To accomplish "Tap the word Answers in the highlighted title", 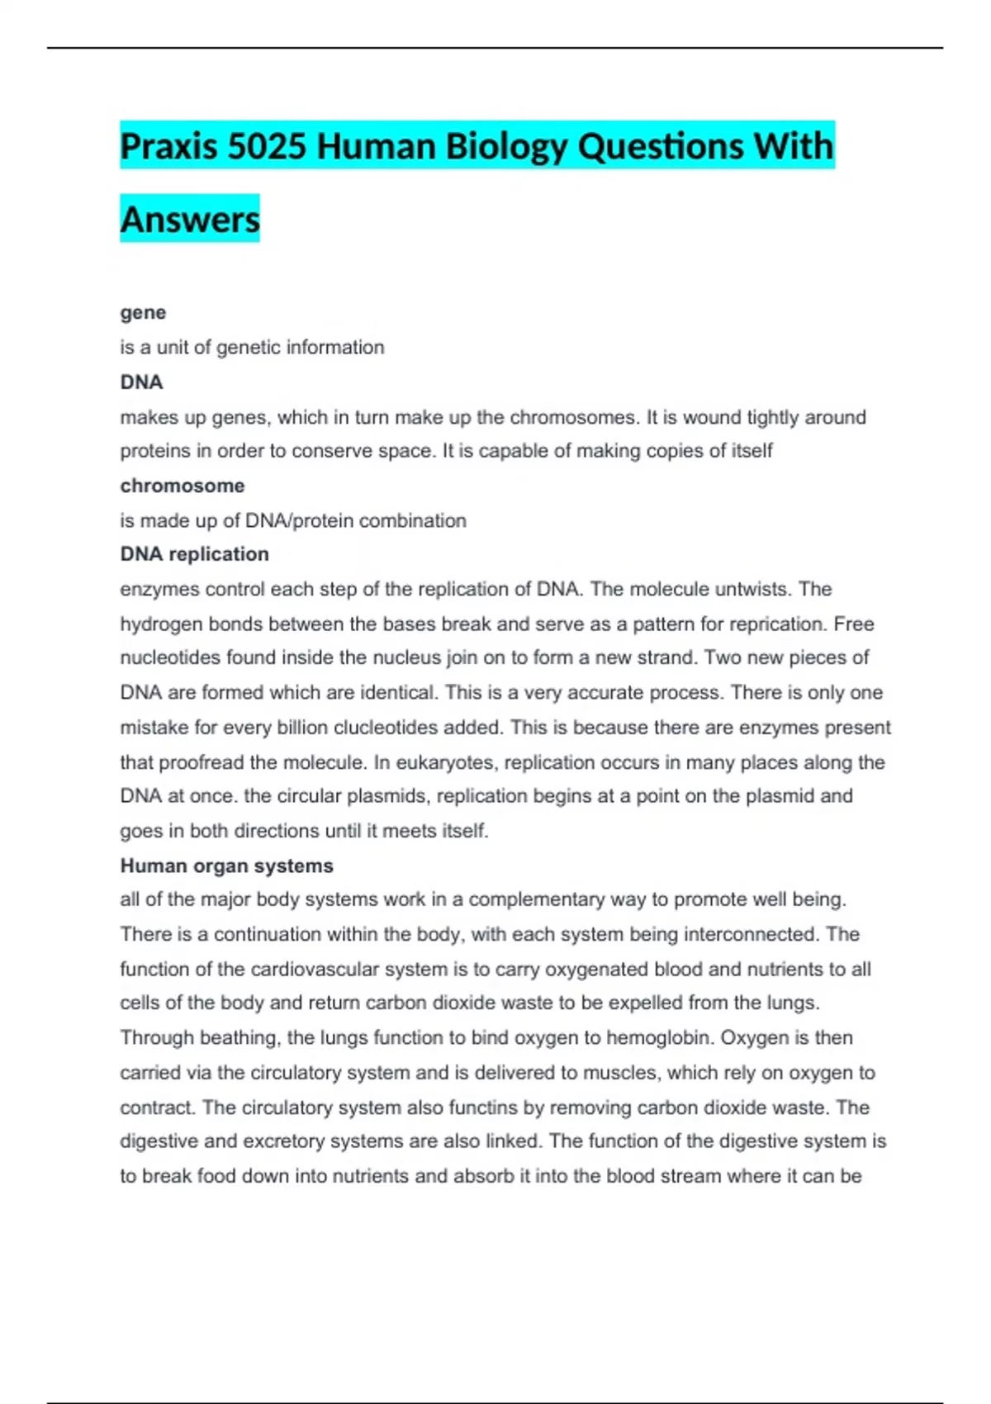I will pyautogui.click(x=190, y=220).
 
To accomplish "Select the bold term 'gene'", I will pyautogui.click(x=143, y=312).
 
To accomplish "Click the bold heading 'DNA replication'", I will pyautogui.click(x=195, y=554).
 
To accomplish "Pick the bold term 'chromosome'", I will pyautogui.click(x=183, y=486).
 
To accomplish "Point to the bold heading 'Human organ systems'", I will pyautogui.click(x=227, y=866).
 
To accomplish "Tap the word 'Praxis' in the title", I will pyautogui.click(x=169, y=147).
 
